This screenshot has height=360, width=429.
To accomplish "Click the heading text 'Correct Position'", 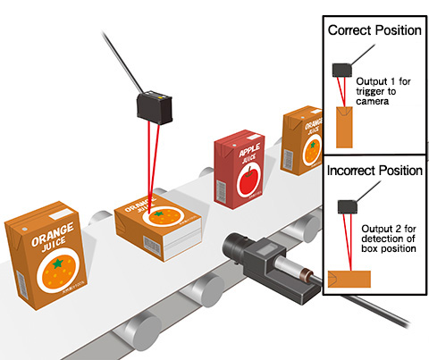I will click(x=374, y=30).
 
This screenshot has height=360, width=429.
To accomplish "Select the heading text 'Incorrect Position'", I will click(x=374, y=167).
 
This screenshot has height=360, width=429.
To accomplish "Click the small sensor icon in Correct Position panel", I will click(x=343, y=69).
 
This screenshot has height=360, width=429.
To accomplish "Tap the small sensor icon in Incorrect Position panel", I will click(x=348, y=206).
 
